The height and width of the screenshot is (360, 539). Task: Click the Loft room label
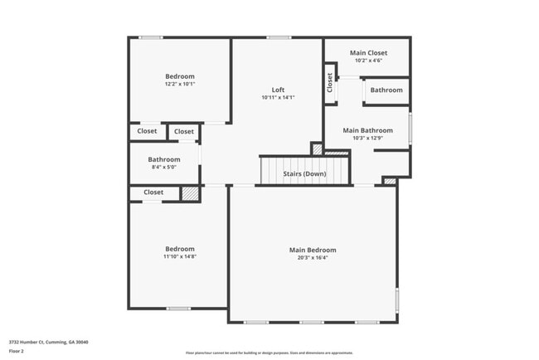click(x=278, y=90)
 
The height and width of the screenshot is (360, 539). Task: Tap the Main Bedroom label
click(x=313, y=250)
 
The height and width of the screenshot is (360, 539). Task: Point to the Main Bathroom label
click(x=367, y=130)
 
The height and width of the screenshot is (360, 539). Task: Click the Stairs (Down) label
click(x=304, y=174)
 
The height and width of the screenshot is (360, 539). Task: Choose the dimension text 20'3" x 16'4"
click(x=313, y=258)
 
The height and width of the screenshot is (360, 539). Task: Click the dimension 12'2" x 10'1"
click(x=179, y=84)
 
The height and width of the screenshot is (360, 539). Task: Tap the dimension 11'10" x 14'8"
click(x=179, y=256)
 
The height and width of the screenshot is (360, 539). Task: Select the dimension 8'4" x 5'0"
click(x=163, y=168)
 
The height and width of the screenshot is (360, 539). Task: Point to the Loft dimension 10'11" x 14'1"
click(x=278, y=98)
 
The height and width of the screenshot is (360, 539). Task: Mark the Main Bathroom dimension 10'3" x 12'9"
click(x=367, y=139)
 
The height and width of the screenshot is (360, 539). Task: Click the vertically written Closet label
click(x=330, y=82)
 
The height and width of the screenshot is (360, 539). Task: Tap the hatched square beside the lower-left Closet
click(x=190, y=193)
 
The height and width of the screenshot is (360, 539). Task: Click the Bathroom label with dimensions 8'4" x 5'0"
click(x=163, y=159)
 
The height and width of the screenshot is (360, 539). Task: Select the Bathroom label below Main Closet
click(x=386, y=90)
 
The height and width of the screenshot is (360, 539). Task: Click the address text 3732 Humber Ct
click(x=49, y=342)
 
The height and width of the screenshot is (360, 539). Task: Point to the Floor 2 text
click(x=17, y=350)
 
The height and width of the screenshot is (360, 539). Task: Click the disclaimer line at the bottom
click(x=269, y=353)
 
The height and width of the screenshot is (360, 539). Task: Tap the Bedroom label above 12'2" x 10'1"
click(x=179, y=76)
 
